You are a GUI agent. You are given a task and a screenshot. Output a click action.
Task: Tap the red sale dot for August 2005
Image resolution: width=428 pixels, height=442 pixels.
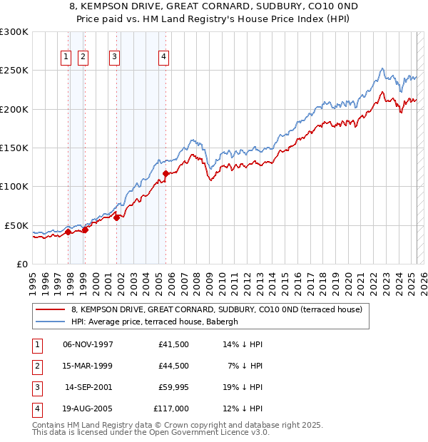[165, 173]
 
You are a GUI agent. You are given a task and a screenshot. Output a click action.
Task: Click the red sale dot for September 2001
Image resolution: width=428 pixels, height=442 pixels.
[116, 217]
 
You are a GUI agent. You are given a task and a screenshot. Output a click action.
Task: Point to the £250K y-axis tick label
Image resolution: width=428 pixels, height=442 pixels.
[14, 71]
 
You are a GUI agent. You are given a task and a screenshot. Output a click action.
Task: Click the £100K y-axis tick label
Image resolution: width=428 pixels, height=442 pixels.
[14, 186]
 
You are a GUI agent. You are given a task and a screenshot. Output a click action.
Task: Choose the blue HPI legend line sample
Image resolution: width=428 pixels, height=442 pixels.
[50, 322]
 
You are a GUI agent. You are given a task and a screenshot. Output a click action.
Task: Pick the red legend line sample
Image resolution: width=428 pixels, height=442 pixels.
[50, 309]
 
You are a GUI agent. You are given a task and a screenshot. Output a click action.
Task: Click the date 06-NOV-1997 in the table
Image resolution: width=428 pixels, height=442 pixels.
[88, 344]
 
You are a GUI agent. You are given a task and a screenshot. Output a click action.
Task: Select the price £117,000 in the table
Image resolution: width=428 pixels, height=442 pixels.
[170, 408]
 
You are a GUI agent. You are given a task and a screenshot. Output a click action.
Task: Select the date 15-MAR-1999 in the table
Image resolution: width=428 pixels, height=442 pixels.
[88, 366]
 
